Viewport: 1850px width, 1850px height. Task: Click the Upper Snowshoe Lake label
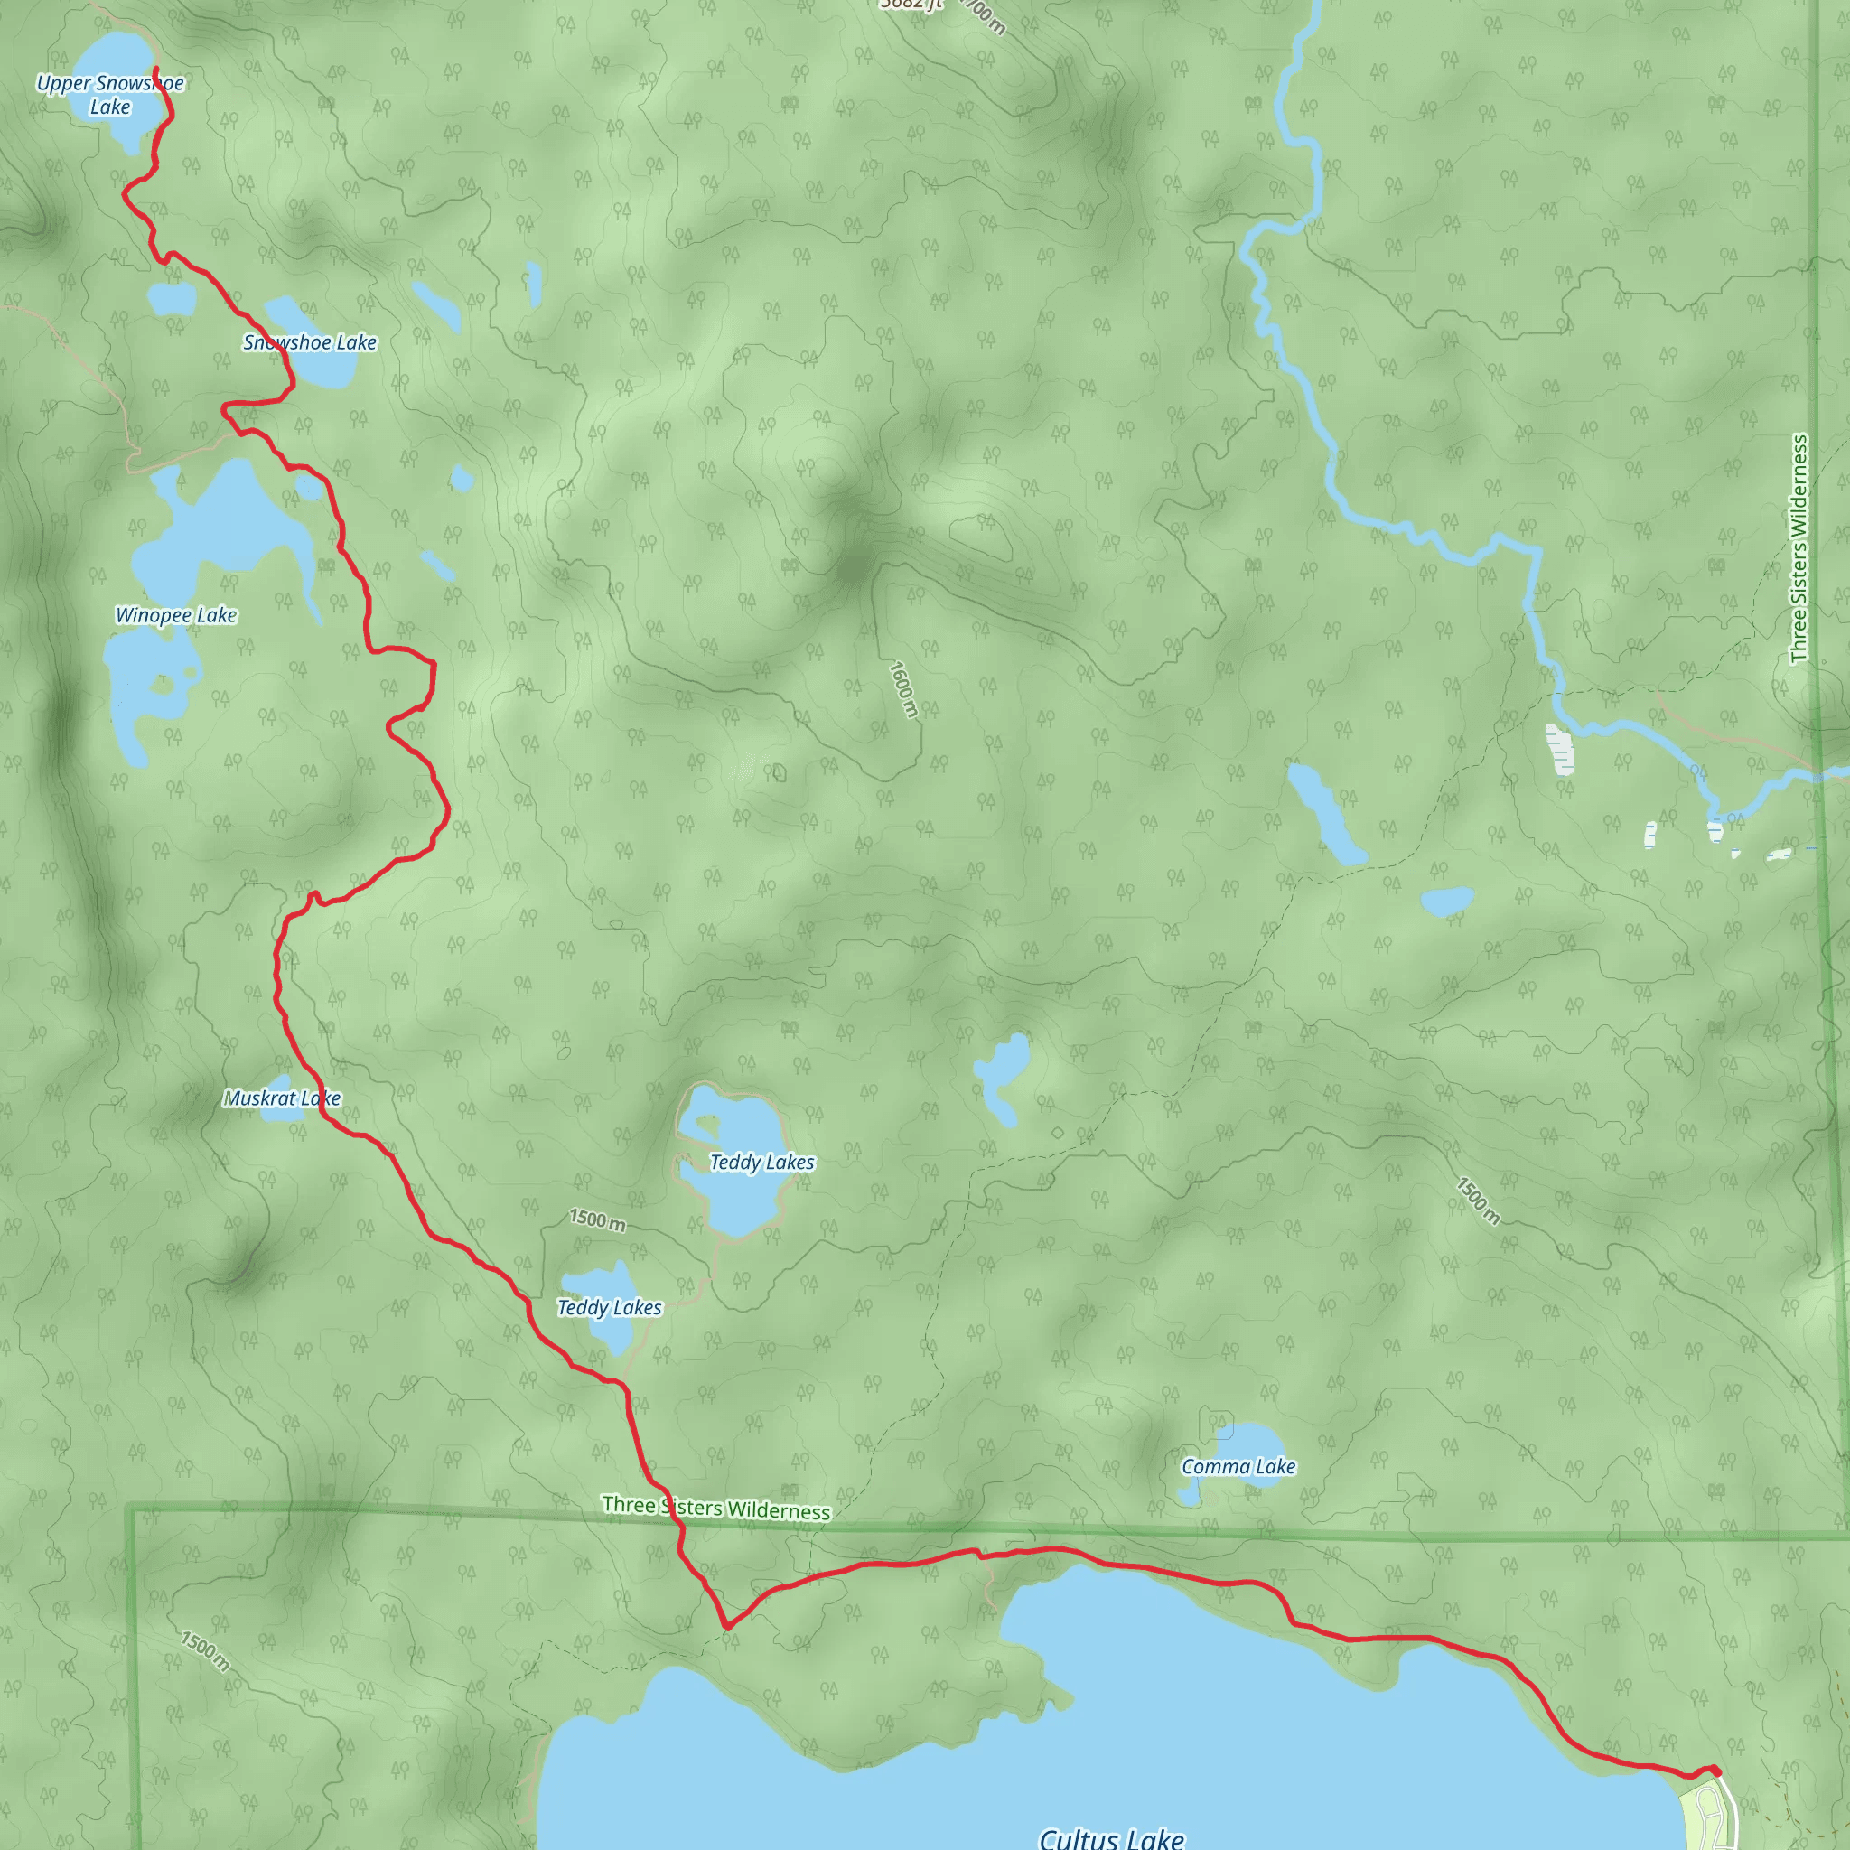pos(110,95)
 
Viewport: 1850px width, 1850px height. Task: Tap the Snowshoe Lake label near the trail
pos(309,342)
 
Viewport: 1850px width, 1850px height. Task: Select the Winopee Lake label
pos(176,616)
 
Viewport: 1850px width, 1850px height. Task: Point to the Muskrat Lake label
pos(282,1098)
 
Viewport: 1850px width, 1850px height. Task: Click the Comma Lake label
pos(1238,1466)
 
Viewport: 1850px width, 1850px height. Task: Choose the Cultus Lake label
pos(1111,1836)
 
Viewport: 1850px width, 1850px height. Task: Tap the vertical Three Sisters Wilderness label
pos(1799,548)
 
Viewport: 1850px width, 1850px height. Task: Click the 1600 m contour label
pos(903,688)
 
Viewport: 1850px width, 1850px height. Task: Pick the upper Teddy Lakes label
pos(761,1163)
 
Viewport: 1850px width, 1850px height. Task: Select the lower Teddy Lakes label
pos(609,1308)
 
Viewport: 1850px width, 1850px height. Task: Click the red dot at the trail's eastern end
pos(1715,1771)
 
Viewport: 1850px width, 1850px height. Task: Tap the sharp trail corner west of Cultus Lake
pos(728,1625)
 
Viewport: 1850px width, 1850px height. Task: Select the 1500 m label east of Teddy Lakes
pos(1478,1200)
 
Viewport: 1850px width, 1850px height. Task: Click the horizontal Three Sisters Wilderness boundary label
pos(715,1509)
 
